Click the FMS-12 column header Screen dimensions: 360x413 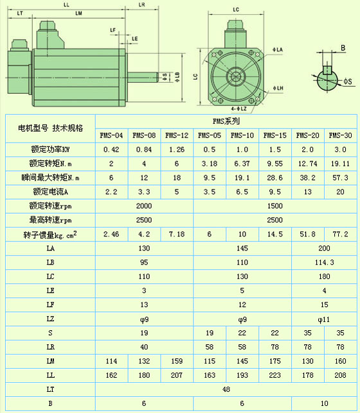pyautogui.click(x=177, y=136)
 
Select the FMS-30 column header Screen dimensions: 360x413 pyautogui.click(x=340, y=136)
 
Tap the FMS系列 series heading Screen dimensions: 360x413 pyautogui.click(x=226, y=121)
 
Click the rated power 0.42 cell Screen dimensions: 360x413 pyautogui.click(x=111, y=150)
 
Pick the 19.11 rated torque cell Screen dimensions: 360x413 pyautogui.click(x=340, y=164)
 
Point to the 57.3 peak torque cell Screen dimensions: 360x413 pyautogui.click(x=340, y=178)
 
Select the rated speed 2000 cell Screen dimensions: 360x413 pyautogui.click(x=144, y=206)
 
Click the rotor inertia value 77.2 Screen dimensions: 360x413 pyautogui.click(x=340, y=234)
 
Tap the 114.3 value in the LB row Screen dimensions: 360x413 pyautogui.click(x=324, y=262)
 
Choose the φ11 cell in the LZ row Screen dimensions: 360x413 pyautogui.click(x=324, y=319)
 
